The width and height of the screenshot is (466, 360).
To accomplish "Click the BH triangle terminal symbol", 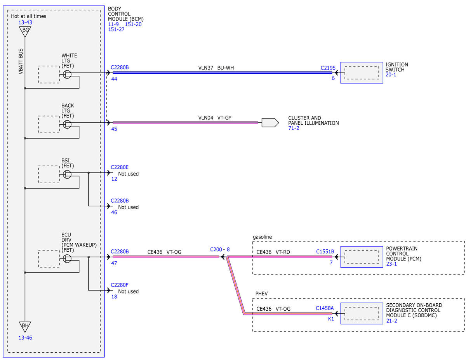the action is [x=25, y=327].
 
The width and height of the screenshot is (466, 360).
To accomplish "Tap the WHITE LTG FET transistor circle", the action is [x=67, y=75].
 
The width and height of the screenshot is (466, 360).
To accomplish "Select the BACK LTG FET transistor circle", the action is [x=67, y=124].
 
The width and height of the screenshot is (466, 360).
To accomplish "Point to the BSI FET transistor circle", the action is [x=67, y=174].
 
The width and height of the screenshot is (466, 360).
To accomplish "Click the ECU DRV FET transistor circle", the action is [x=67, y=259].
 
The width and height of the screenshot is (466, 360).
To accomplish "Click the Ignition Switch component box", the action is [x=362, y=73].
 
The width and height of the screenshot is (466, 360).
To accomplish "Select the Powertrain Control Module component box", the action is [x=362, y=257].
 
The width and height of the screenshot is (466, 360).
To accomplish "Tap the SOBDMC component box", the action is [x=362, y=313].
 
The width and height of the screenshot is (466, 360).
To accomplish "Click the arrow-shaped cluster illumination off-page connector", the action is [x=270, y=123].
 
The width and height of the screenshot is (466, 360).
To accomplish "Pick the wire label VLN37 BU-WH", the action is [x=216, y=68].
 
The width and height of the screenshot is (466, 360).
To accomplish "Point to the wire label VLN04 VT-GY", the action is [x=215, y=118].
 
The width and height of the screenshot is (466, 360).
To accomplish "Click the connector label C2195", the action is [x=328, y=68].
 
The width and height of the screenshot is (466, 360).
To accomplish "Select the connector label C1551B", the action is [x=325, y=252].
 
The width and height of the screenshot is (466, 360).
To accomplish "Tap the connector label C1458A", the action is [x=325, y=308].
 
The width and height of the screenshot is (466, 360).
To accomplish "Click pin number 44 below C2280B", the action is [x=114, y=79].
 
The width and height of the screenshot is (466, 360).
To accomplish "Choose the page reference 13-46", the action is [x=25, y=338].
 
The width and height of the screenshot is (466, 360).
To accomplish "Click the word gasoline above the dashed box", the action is [x=262, y=237].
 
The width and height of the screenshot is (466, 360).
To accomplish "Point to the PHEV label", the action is [x=261, y=294].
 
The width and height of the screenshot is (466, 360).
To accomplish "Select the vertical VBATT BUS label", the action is [x=21, y=61].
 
